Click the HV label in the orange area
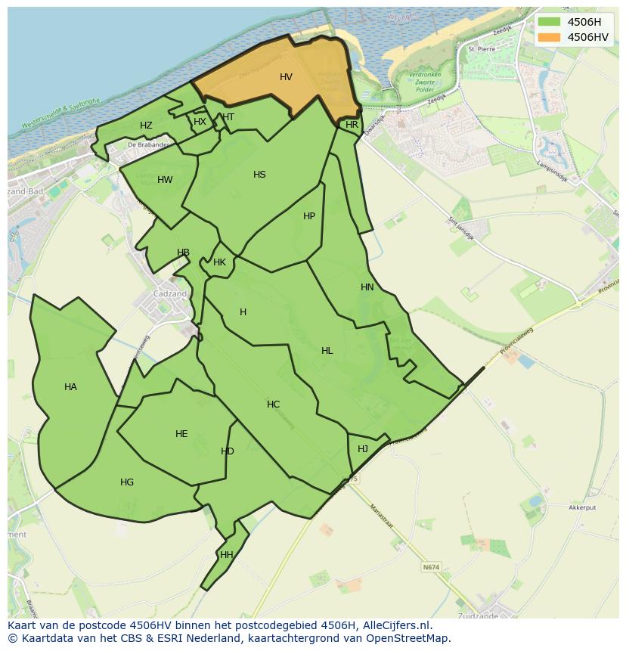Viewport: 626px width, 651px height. (x=286, y=77)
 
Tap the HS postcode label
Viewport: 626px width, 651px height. (x=259, y=175)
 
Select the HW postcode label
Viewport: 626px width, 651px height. (x=165, y=180)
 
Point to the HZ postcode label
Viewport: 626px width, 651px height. (x=146, y=126)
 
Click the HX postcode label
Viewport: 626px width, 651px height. (x=200, y=122)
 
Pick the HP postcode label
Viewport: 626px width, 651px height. (x=308, y=216)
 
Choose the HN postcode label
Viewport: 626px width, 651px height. (x=367, y=287)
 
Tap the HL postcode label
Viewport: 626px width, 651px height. (x=327, y=351)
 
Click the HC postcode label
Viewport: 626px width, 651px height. (x=273, y=405)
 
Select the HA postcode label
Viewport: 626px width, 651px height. (x=70, y=387)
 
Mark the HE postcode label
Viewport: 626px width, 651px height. (x=181, y=434)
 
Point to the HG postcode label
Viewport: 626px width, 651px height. (x=127, y=482)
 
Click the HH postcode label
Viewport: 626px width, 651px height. (x=226, y=555)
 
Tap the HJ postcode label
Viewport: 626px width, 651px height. (x=363, y=449)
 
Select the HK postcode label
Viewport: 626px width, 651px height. (x=219, y=262)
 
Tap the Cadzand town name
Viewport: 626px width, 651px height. (x=169, y=294)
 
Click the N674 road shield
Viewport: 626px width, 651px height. (x=431, y=567)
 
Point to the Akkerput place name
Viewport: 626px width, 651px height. (x=583, y=508)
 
